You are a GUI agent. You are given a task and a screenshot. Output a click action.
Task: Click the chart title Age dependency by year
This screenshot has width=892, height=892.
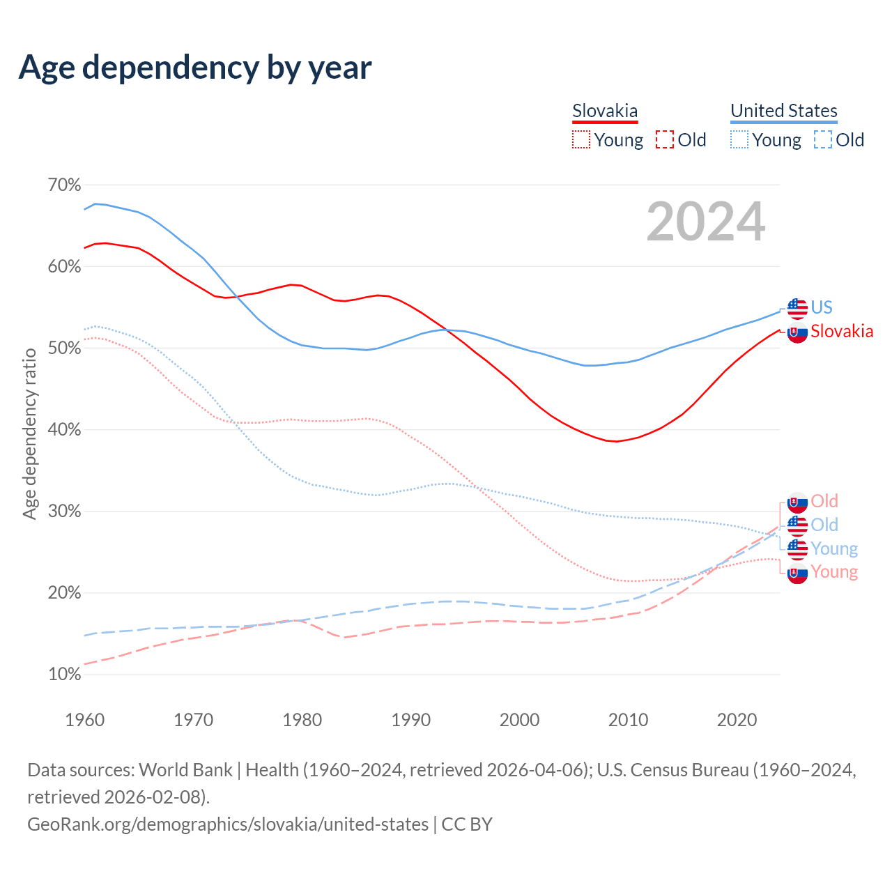(x=195, y=68)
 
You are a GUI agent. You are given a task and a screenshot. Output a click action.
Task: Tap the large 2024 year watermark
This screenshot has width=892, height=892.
(x=705, y=222)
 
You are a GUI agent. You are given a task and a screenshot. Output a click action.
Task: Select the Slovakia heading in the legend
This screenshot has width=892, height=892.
(x=605, y=111)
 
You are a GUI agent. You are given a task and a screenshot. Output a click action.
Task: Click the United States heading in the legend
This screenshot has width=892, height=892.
(x=783, y=111)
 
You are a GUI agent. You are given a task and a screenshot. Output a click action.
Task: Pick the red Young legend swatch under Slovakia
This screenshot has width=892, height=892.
(x=580, y=140)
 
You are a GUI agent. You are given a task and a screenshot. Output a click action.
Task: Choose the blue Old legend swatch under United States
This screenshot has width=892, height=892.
(x=822, y=140)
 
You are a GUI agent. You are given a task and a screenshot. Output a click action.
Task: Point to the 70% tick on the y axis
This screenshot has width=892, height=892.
(x=64, y=185)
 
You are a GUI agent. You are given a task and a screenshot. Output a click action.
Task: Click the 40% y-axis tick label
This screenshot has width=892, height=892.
(x=64, y=430)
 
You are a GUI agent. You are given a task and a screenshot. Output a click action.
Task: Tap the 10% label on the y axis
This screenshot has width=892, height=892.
(x=64, y=675)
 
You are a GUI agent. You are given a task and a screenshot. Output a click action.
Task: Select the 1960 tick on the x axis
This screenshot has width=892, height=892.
(x=84, y=720)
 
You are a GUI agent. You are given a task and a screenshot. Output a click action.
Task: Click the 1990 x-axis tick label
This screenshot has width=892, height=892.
(x=410, y=720)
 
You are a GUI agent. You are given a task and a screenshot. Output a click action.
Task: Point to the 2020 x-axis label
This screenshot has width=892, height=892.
(x=737, y=720)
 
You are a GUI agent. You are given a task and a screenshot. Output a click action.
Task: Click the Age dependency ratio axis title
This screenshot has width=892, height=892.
(x=29, y=433)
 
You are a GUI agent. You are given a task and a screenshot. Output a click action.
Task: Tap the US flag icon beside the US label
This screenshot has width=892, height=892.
(x=797, y=307)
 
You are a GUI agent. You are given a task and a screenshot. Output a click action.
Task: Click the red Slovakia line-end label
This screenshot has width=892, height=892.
(x=842, y=331)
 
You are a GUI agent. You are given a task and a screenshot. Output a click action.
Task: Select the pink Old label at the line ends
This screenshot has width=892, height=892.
(x=824, y=501)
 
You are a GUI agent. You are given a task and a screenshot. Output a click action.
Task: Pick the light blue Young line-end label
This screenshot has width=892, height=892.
(x=834, y=548)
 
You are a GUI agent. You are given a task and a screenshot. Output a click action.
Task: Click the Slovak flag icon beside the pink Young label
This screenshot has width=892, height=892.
(x=797, y=574)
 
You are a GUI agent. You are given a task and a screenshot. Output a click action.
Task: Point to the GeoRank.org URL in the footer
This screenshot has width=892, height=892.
(x=228, y=824)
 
